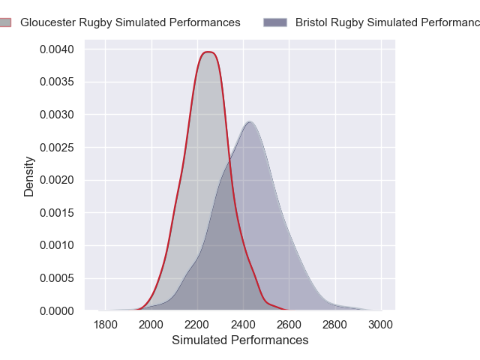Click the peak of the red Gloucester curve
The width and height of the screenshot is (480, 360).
pos(208,52)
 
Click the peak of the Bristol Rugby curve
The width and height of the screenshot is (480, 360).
pos(250,121)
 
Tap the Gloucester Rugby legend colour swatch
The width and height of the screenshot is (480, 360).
pos(4,22)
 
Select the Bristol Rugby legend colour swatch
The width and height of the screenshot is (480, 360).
pos(275,22)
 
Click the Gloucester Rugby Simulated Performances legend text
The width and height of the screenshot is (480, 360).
pos(130,22)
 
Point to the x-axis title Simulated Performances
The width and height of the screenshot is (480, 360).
pos(240,340)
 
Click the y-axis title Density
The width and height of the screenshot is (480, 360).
pos(29,176)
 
